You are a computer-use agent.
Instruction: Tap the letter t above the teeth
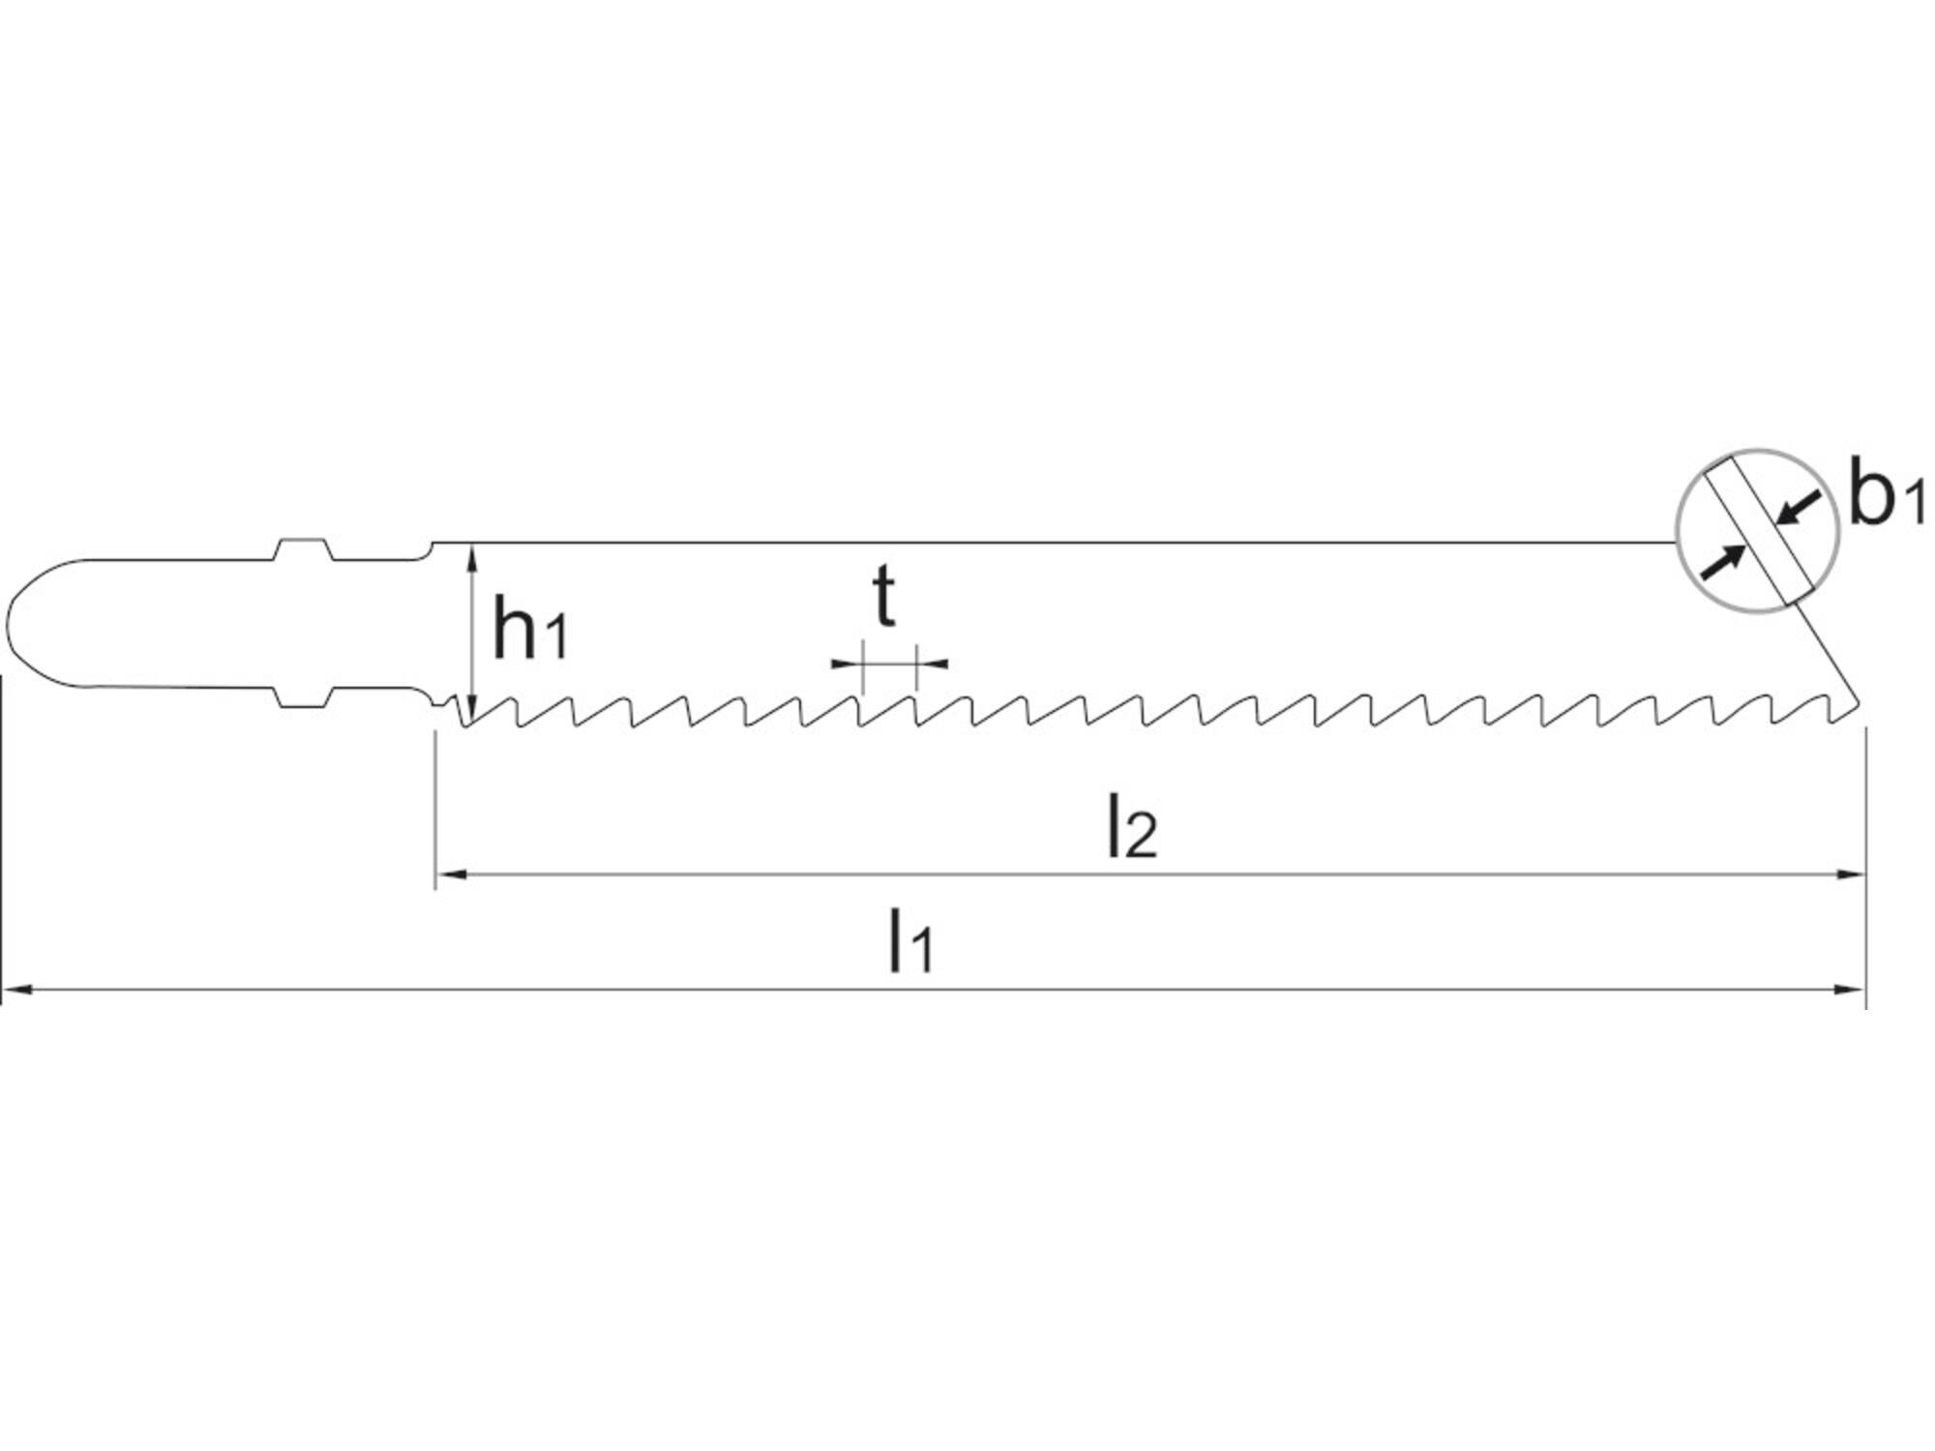click(883, 597)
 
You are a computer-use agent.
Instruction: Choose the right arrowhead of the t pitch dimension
click(932, 664)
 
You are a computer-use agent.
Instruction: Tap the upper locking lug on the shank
click(303, 548)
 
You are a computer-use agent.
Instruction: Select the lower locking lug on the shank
click(303, 698)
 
